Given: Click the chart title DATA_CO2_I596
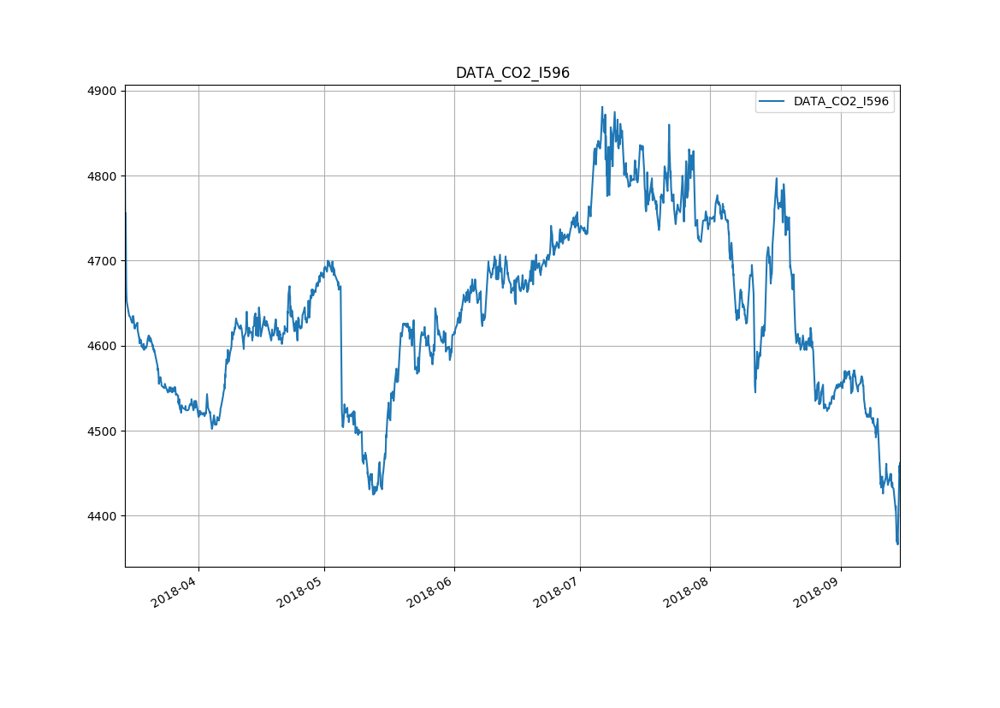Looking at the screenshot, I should [512, 73].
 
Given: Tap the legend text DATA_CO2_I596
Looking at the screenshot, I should [841, 101].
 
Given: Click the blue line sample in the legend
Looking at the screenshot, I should [772, 101].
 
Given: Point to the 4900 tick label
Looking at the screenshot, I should [102, 91].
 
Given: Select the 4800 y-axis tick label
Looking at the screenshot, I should [102, 176].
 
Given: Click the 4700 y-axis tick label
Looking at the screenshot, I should [102, 261].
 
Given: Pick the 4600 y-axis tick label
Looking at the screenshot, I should [102, 346].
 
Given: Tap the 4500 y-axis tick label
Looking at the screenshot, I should [102, 431].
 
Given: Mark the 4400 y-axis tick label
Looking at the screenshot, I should [102, 516].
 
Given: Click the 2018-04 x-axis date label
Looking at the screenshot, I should [175, 594].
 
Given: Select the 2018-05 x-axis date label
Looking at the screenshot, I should [300, 594].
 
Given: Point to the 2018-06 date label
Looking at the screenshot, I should [430, 594].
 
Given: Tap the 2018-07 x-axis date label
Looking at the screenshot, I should [556, 594].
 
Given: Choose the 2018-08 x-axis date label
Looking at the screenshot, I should [686, 594].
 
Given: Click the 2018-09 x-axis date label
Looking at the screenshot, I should [816, 594].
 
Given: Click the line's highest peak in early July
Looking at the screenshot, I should [602, 107].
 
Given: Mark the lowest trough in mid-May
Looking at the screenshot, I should [373, 494].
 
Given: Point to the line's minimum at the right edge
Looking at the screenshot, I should [897, 544].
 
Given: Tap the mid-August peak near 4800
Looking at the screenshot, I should [776, 179].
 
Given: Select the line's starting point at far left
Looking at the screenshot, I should [125, 212].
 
